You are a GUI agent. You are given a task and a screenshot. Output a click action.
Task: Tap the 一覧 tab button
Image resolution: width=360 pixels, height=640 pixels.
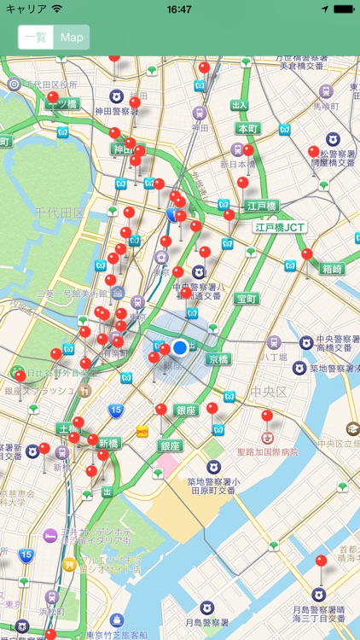(36, 38)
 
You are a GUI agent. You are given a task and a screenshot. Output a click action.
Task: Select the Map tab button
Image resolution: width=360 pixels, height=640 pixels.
(73, 38)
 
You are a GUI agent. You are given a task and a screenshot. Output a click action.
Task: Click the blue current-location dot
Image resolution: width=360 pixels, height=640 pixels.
(179, 348)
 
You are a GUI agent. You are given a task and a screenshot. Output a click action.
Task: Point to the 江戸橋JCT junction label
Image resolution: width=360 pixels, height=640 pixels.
(279, 228)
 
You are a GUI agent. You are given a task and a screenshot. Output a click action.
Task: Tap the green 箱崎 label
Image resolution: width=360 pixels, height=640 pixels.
(332, 269)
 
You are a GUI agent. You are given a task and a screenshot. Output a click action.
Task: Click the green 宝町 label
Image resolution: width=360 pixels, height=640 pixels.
(247, 299)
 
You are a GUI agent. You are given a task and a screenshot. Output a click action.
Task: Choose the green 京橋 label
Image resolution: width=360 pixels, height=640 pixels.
(218, 359)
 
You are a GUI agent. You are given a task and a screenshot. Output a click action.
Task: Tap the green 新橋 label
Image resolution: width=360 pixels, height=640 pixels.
(108, 443)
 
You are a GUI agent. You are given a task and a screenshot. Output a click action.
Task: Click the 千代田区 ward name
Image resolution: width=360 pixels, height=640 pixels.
(60, 212)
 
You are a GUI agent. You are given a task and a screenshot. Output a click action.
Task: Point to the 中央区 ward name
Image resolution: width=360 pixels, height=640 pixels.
(270, 392)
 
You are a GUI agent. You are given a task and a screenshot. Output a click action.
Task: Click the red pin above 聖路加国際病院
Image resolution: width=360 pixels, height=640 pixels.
(267, 416)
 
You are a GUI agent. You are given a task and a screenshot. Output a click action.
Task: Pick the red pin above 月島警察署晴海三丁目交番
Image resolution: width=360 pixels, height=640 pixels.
(321, 561)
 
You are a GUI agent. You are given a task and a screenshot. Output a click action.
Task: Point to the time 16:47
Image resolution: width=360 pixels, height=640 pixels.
(179, 9)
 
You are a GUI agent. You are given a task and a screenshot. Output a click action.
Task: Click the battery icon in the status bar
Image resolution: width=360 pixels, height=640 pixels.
(343, 9)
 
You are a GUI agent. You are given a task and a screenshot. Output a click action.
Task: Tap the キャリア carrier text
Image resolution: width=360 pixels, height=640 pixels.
(26, 9)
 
